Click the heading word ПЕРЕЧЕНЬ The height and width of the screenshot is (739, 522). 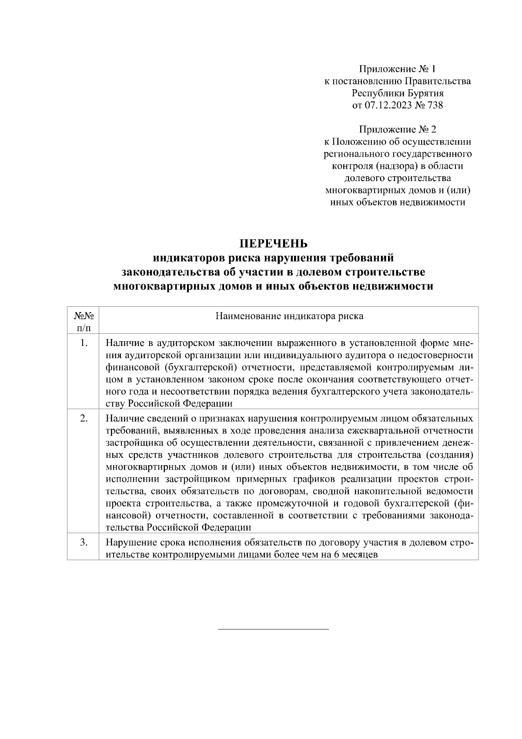tap(274, 242)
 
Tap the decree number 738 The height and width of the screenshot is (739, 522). tap(435, 105)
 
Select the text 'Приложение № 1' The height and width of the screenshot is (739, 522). tap(398, 69)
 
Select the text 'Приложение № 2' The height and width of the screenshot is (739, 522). tap(398, 129)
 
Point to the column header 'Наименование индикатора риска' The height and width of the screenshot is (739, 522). tap(289, 316)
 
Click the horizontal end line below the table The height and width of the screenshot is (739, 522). tap(273, 629)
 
